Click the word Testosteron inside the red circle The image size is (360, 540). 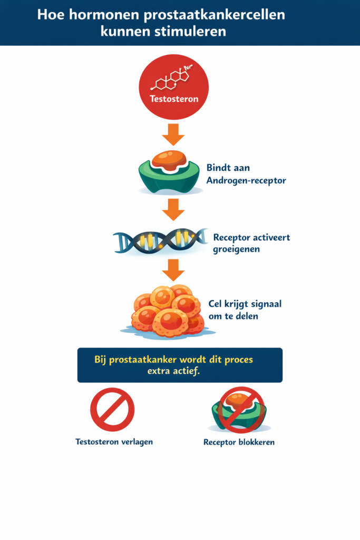[x=173, y=99]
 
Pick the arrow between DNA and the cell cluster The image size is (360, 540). [x=173, y=269]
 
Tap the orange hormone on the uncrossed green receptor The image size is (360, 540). [x=169, y=159]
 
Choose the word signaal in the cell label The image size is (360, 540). [x=267, y=304]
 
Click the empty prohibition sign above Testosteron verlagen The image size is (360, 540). [x=112, y=410]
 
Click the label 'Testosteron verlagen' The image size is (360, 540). [x=114, y=441]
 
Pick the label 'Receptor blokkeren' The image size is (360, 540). [x=239, y=442]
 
